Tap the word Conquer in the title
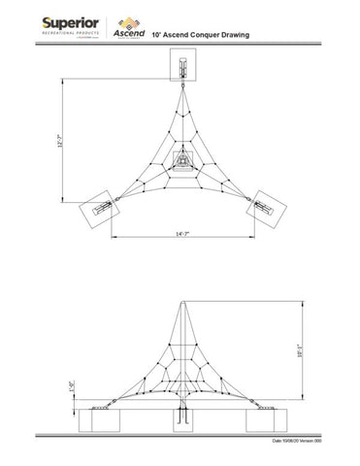207,34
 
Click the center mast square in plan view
182,159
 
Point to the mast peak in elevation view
182,305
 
